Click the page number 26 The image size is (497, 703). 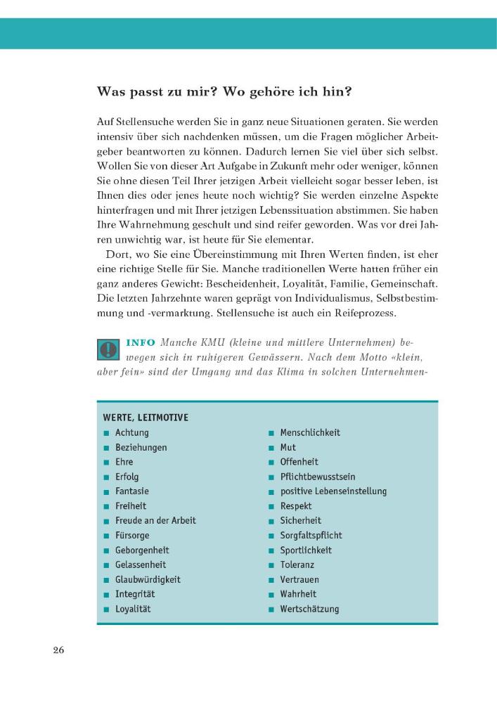coord(58,650)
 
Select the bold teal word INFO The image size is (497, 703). coord(141,342)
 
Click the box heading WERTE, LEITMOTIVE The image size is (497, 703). coord(145,418)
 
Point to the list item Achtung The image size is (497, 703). coord(131,432)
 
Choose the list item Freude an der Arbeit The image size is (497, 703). coord(155,520)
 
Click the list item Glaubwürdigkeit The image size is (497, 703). coord(148,579)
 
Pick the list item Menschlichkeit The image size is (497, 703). coord(309,432)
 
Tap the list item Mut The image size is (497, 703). coord(288,447)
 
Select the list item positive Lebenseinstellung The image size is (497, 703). coord(333,491)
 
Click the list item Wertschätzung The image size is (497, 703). coord(309,609)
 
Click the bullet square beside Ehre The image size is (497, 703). coord(105,463)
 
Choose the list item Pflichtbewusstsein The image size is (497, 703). coord(317,477)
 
